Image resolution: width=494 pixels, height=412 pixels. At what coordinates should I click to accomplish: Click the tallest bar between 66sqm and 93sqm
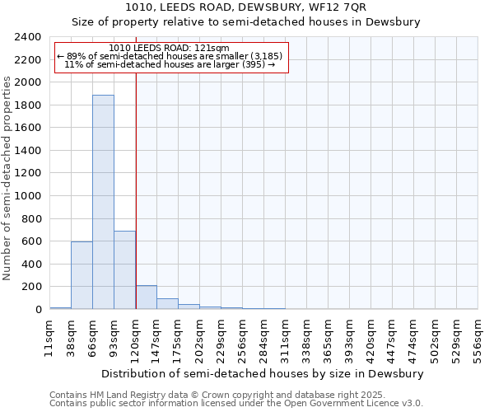click(103, 202)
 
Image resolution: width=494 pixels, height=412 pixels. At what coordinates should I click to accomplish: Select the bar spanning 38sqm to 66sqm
click(82, 275)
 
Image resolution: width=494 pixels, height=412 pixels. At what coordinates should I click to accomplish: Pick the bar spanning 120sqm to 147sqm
click(146, 297)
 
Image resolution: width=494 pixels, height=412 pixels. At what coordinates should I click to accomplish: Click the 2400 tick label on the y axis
click(28, 37)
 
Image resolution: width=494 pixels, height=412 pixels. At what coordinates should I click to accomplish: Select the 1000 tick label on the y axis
click(28, 196)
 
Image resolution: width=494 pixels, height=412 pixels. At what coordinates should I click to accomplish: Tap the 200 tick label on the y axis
click(31, 287)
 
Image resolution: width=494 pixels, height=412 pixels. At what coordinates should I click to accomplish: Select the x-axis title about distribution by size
click(263, 373)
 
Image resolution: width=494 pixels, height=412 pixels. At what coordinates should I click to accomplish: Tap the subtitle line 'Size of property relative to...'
click(246, 22)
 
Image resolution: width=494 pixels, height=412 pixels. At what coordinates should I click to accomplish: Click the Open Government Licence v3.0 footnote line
click(236, 403)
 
